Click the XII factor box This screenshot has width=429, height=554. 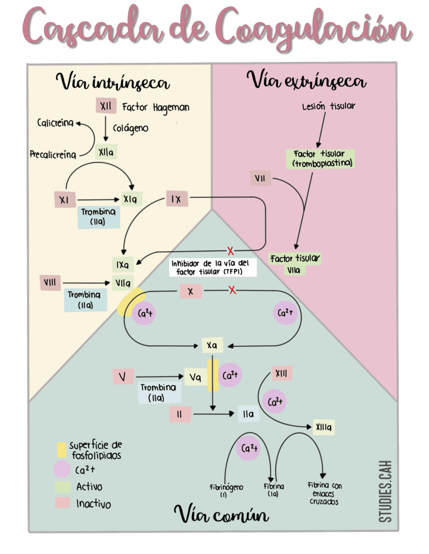coord(106,106)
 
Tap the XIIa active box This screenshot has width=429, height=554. coord(106,152)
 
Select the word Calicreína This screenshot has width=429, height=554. coord(55,123)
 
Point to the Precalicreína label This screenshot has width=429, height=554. coord(53,155)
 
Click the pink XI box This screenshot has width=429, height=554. coord(65,200)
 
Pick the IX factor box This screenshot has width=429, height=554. coord(177,199)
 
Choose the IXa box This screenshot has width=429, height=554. coord(123,265)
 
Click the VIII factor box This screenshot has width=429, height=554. coord(50,282)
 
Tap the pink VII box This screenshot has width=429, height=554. coord(260,178)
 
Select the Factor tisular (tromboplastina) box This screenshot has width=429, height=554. coord(320,159)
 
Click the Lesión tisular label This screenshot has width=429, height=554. coord(328,106)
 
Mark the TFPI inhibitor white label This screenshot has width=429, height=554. coord(213,267)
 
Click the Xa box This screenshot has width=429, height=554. coord(212,345)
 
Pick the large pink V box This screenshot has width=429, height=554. coord(123,376)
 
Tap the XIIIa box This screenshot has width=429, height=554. coord(323,427)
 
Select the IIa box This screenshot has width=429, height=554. coord(248,414)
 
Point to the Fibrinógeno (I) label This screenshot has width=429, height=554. coord(226,490)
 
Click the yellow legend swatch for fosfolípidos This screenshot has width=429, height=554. coord(62,450)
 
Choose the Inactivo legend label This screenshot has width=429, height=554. coord(94,503)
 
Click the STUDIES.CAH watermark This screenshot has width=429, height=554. coord(386,491)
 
